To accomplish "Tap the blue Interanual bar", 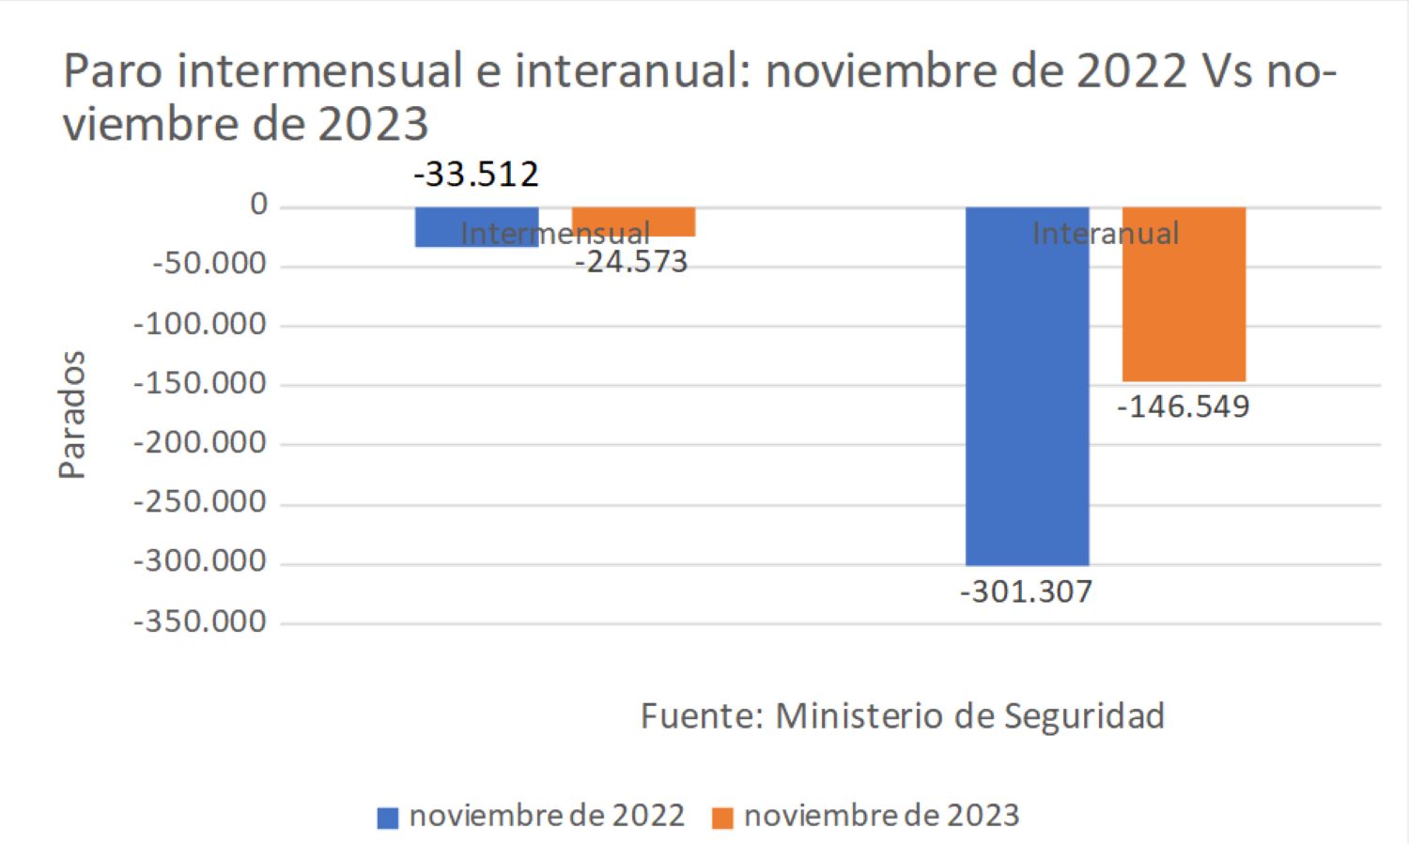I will point(1027,394).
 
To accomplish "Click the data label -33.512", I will point(476,175).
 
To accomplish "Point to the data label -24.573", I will point(631,262).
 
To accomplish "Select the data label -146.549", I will point(1183,407).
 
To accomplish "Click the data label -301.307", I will point(1026,592).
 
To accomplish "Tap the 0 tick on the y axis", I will point(258,205).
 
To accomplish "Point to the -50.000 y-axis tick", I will point(209,264).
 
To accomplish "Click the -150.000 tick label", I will point(200,383).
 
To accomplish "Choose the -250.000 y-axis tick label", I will point(200,502).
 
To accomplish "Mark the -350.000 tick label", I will point(200,621).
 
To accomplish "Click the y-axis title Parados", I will point(72,415).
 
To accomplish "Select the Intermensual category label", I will point(554,234).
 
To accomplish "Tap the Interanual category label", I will point(1106,234).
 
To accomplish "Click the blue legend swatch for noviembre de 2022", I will point(387,818).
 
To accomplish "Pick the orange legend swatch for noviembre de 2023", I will point(722,818).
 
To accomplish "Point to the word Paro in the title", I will point(115,72).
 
